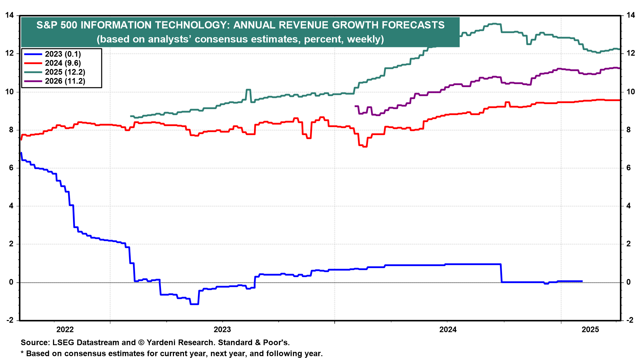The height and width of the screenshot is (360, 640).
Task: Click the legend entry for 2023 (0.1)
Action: [63, 54]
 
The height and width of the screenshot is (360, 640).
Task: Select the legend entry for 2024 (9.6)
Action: [63, 63]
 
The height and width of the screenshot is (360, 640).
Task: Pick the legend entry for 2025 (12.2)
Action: [65, 72]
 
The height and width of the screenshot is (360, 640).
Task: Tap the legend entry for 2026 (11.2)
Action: [65, 81]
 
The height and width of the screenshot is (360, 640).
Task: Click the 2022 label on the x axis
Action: [65, 330]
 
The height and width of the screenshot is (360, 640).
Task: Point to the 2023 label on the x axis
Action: [222, 330]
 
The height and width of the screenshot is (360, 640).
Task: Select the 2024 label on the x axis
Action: [448, 330]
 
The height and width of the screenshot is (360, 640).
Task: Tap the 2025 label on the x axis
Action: [590, 330]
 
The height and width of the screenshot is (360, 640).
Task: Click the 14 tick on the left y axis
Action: [10, 15]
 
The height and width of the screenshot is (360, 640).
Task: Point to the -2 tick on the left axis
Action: [10, 320]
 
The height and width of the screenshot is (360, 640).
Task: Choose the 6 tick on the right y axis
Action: [628, 168]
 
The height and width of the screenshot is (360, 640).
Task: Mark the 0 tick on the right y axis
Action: [628, 282]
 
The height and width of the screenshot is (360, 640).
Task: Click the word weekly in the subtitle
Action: [364, 39]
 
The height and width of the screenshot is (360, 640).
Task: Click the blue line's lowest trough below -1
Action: [194, 304]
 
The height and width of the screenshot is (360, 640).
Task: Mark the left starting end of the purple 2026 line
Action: [355, 106]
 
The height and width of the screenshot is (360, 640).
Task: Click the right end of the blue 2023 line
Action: [582, 281]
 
